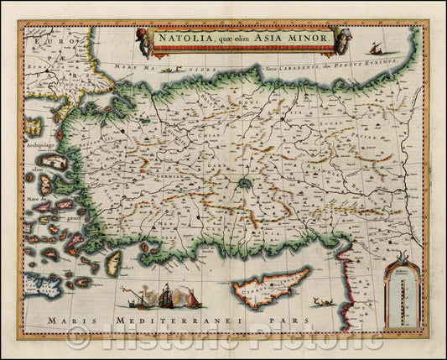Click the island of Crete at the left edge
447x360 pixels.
pyautogui.click(x=38, y=284)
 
